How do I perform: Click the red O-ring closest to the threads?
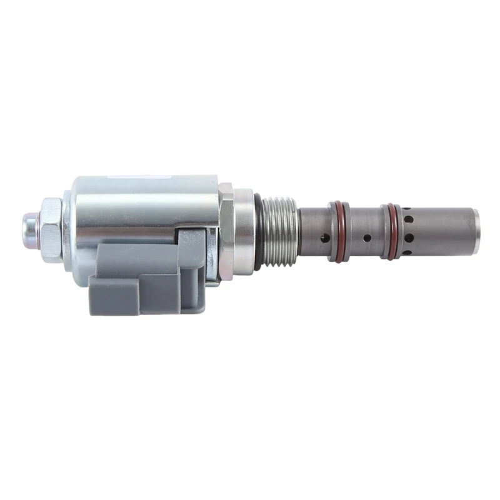tap(338, 231)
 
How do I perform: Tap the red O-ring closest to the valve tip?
tap(392, 231)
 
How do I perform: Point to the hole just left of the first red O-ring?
tap(324, 238)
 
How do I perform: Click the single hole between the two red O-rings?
tap(367, 237)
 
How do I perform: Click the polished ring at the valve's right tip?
tap(476, 231)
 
